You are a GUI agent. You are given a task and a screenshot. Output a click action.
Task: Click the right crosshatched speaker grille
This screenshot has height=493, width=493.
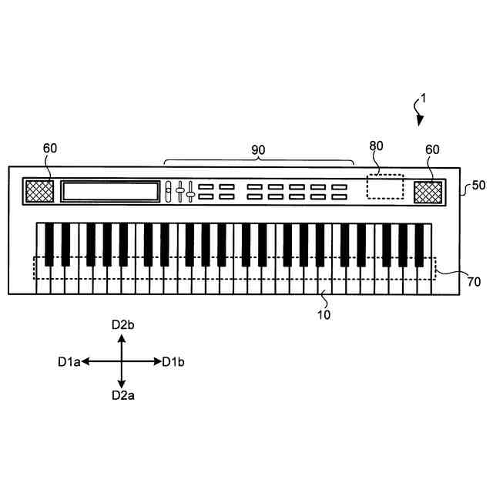coord(428,192)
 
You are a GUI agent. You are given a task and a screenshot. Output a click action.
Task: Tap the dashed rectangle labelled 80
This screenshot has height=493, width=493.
coord(384,187)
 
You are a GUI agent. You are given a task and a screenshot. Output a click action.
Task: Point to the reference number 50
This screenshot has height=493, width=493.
coord(478,186)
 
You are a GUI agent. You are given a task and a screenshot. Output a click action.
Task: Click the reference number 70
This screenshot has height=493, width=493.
coord(474,282)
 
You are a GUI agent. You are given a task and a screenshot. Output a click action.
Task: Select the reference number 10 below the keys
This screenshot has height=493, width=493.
coord(324,314)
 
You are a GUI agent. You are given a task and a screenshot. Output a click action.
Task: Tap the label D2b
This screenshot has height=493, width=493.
coord(122,325)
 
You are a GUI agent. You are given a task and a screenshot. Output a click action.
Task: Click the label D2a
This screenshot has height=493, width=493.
coord(122,395)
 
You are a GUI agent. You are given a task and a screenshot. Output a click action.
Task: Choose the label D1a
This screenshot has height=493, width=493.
coord(69,361)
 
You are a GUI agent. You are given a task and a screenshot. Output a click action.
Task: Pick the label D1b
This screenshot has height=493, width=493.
coord(173,361)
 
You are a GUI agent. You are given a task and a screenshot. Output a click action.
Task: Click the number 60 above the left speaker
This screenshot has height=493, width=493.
coord(50,148)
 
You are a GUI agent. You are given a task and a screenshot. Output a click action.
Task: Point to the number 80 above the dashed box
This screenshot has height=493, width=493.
coord(376,145)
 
